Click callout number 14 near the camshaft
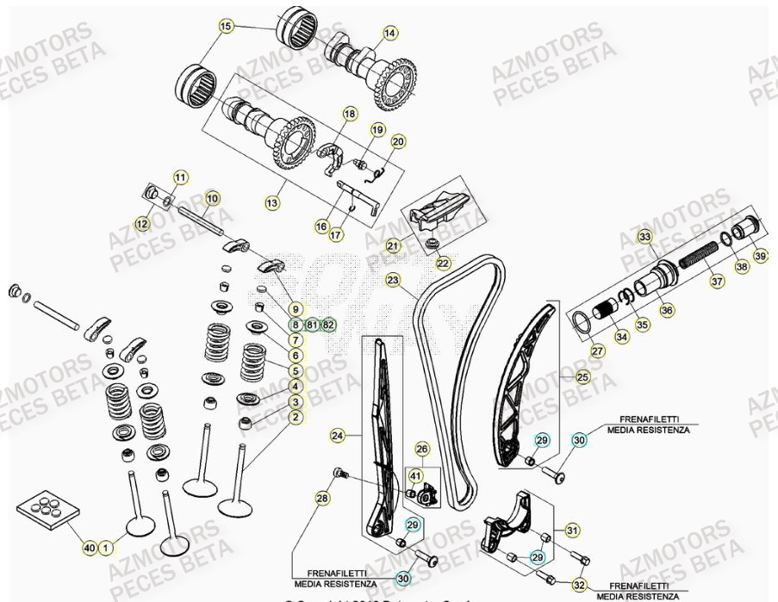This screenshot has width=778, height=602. pos(390,33)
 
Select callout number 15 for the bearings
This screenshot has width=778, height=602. pos(227,28)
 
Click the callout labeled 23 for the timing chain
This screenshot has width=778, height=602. pos(393,280)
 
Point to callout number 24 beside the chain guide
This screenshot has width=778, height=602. pos(338,437)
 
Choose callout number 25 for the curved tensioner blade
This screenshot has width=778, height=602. pos(582,377)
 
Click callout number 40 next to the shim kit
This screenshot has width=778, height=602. pos(90,547)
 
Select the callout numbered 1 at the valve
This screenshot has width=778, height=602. pos(106,547)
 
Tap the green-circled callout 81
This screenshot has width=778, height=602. pos(312,325)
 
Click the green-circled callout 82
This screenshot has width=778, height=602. pos(328,325)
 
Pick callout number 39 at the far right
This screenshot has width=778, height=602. pos(760,257)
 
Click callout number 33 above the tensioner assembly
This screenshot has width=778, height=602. pos(644,236)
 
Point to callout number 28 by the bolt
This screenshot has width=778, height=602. pos(321,499)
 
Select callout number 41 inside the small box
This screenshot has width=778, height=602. pos(415,475)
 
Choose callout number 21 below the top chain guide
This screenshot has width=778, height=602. pos(393,246)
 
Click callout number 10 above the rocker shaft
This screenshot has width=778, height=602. pos(212,198)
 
